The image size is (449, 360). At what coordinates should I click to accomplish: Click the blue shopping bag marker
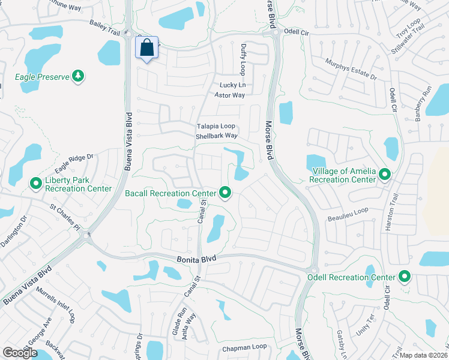click(x=148, y=47)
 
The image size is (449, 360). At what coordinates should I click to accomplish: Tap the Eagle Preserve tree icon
click(x=77, y=76)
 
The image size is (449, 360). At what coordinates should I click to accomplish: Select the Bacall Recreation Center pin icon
click(x=225, y=193)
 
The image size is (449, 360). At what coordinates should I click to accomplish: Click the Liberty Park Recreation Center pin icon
click(x=36, y=183)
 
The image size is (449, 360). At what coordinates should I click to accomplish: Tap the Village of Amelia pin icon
click(x=385, y=175)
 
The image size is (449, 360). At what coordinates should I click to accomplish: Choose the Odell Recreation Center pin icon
click(x=405, y=277)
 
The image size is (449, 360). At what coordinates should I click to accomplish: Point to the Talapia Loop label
click(x=216, y=127)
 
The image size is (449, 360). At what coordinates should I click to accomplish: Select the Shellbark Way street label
click(x=217, y=136)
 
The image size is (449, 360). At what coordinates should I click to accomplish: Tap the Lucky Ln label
click(x=232, y=85)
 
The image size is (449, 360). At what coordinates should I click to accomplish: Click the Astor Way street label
click(x=231, y=95)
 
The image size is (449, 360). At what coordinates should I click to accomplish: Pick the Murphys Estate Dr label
click(x=351, y=69)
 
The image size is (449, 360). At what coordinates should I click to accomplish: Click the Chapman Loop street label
click(x=244, y=347)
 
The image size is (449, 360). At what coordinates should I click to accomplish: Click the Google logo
click(x=20, y=353)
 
